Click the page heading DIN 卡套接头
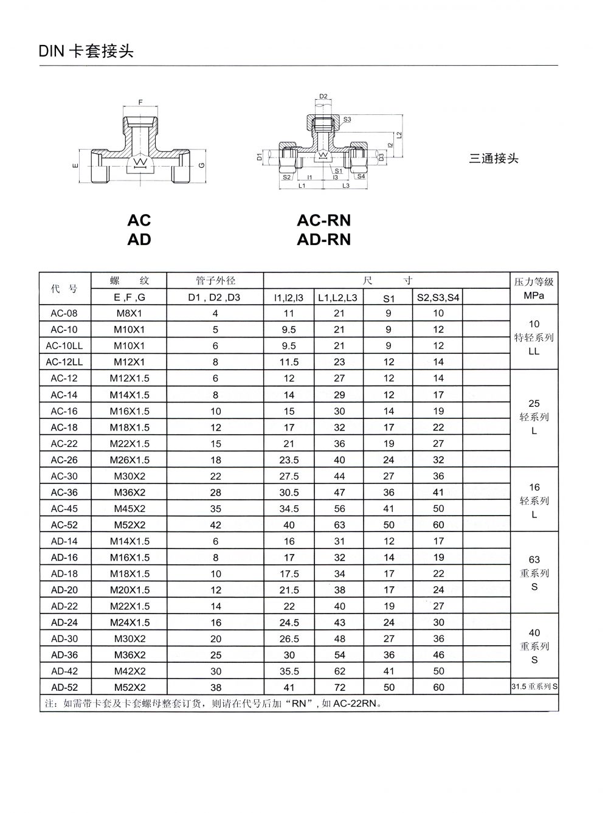86,52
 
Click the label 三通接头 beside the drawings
494,159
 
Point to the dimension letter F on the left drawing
140,103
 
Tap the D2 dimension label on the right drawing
323,96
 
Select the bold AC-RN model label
323,220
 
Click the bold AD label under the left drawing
139,240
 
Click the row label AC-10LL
64,345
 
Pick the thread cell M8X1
129,313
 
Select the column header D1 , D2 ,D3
215,297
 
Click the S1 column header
389,298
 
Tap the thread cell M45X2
129,508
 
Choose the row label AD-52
64,687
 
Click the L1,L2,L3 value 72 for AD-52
339,687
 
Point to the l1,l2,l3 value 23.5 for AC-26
289,460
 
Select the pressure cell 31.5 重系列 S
534,687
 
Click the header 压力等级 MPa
534,289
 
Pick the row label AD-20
64,590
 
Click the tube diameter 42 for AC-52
215,525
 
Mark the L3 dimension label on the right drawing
345,185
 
